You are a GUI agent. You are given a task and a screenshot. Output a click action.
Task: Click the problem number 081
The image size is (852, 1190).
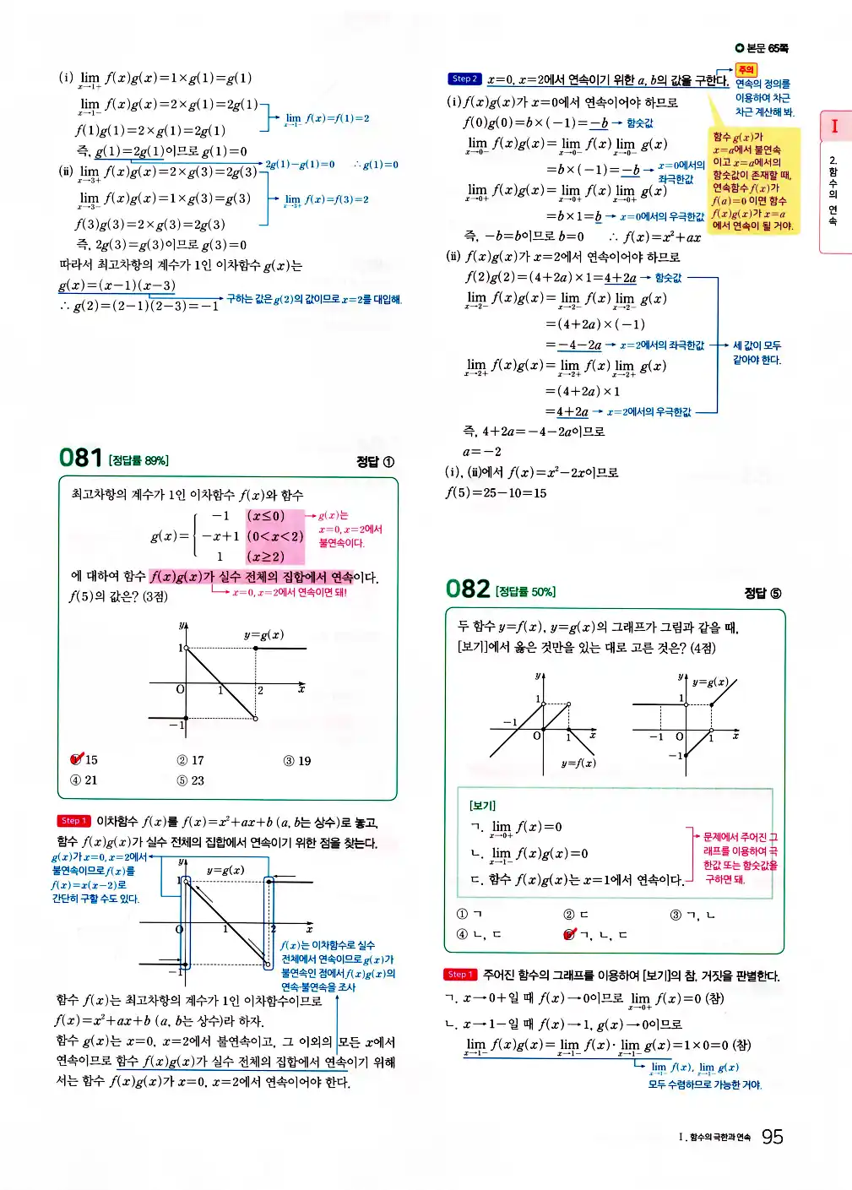pyautogui.click(x=80, y=458)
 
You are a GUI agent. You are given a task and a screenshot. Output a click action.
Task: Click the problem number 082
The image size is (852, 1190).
pyautogui.click(x=468, y=589)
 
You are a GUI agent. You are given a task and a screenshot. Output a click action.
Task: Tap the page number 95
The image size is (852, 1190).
pyautogui.click(x=772, y=1137)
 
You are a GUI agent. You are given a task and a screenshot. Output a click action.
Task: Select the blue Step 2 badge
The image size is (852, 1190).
pyautogui.click(x=464, y=79)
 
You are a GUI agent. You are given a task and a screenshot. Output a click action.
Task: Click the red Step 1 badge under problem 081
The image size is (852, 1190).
pyautogui.click(x=73, y=821)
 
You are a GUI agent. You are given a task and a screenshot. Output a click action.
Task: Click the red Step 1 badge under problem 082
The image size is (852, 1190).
pyautogui.click(x=460, y=975)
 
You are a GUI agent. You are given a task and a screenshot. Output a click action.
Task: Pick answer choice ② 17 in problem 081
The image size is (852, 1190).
pyautogui.click(x=190, y=760)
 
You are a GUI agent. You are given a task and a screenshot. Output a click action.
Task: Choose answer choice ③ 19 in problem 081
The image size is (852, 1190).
pyautogui.click(x=297, y=760)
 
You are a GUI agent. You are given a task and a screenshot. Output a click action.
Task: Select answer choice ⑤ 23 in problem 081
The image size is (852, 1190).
pyautogui.click(x=190, y=780)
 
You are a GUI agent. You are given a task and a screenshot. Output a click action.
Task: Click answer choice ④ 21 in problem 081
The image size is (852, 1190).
pyautogui.click(x=84, y=780)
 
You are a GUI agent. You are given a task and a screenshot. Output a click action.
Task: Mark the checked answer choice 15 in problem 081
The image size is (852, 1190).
pyautogui.click(x=84, y=759)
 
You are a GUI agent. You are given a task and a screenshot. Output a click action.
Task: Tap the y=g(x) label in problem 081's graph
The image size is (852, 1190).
pyautogui.click(x=263, y=634)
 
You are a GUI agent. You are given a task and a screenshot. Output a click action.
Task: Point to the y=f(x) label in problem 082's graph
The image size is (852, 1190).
pyautogui.click(x=578, y=763)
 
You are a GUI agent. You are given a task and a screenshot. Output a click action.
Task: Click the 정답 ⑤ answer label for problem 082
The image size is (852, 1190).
pyautogui.click(x=762, y=593)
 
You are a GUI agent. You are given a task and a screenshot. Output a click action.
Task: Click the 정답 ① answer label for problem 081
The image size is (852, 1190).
pyautogui.click(x=375, y=461)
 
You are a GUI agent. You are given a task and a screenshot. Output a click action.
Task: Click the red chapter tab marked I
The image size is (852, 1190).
pyautogui.click(x=834, y=127)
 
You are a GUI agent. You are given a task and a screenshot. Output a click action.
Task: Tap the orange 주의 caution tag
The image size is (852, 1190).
pyautogui.click(x=746, y=70)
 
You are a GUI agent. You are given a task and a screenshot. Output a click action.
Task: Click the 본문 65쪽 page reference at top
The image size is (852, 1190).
pyautogui.click(x=762, y=49)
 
